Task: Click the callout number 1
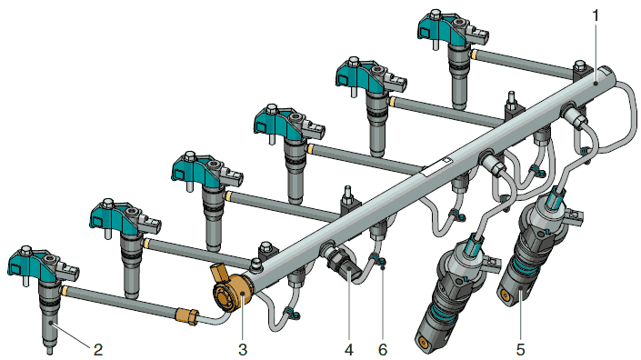coord(596,16)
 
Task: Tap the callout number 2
coord(98,350)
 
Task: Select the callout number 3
coord(243,350)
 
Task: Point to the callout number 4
coord(349,350)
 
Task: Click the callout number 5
coord(520,350)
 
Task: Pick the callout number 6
coord(383,350)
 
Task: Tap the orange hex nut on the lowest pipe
coord(187,316)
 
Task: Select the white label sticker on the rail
coord(436,166)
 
